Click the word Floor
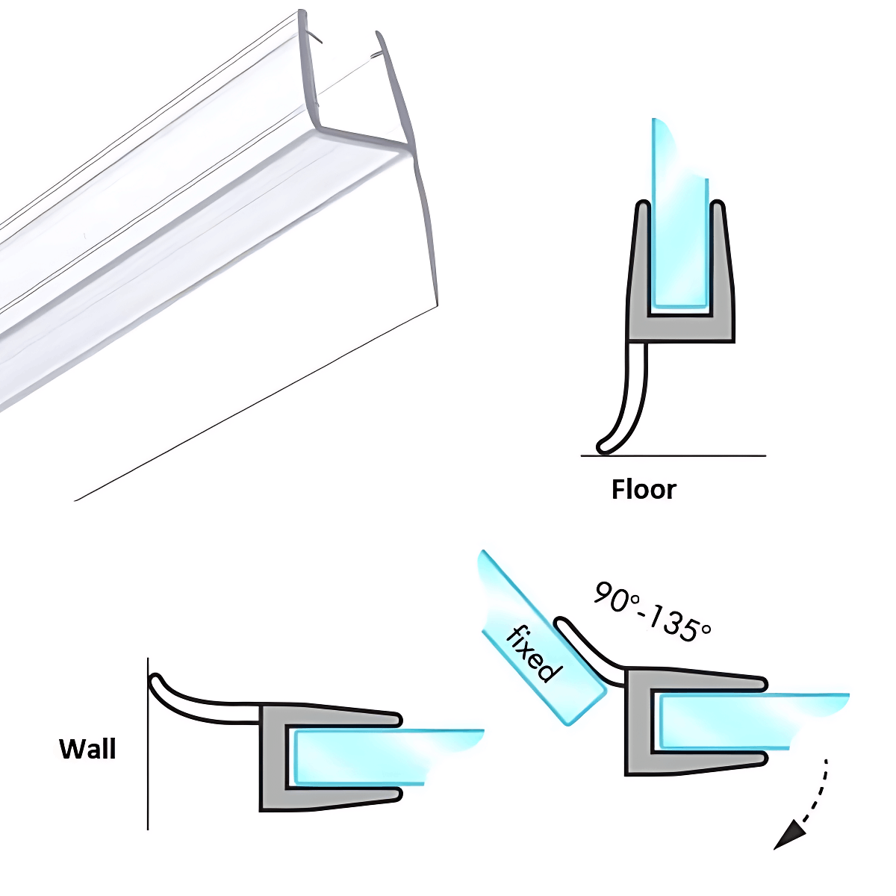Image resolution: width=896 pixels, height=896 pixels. [x=644, y=490]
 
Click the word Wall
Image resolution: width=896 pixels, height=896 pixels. [x=87, y=749]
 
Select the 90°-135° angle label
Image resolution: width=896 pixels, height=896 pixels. [x=652, y=611]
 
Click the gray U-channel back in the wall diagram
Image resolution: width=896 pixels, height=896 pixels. [x=272, y=758]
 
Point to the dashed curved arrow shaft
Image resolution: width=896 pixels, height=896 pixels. [x=819, y=791]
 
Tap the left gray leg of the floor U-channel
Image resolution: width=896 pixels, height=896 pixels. [x=639, y=261]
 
